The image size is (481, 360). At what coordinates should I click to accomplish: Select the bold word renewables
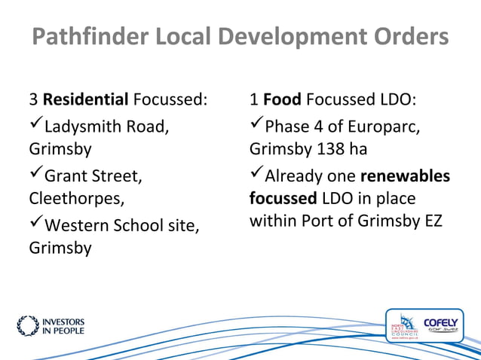click(405, 176)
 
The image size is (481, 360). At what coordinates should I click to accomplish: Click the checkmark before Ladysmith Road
click(35, 124)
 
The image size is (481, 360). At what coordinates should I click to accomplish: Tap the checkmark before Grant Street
click(35, 175)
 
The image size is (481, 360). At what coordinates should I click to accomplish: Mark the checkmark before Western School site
click(35, 224)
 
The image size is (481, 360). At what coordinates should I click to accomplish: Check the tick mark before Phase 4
click(256, 124)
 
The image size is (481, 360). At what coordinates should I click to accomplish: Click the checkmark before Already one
click(256, 175)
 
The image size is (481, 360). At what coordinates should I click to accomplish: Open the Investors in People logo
click(51, 325)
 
